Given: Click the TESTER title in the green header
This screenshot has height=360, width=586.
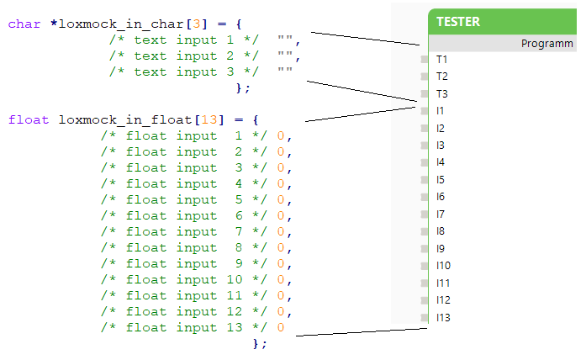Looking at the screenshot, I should tap(459, 22).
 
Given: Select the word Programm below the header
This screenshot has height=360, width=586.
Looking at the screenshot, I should tap(546, 43).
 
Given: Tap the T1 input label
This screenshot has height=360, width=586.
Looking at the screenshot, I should tap(441, 59).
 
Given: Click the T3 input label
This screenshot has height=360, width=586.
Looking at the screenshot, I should tap(441, 93).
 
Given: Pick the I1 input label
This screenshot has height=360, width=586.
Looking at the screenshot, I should tap(441, 110).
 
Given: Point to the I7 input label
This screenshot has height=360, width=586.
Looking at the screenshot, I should tap(441, 214).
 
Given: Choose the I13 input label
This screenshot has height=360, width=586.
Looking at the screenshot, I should tap(443, 317).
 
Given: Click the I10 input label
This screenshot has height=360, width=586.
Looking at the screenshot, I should tap(443, 266).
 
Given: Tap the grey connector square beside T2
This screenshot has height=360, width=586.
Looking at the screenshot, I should tap(425, 77).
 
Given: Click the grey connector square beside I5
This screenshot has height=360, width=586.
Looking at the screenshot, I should tap(425, 180).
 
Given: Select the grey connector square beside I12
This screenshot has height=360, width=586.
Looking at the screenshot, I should tap(425, 300).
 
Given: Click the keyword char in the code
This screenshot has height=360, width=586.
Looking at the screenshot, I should tap(24, 24).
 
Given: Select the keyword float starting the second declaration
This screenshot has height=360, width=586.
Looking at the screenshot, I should tap(29, 119).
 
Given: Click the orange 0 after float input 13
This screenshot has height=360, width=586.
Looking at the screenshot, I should tap(281, 327).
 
